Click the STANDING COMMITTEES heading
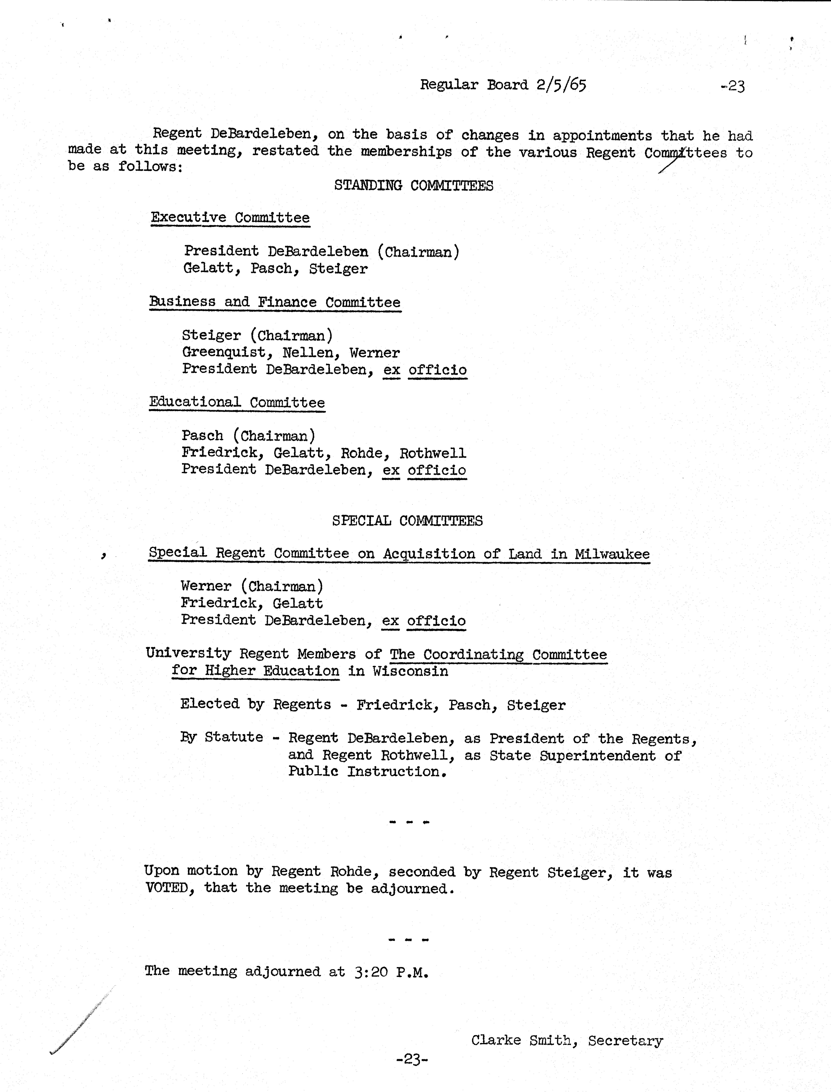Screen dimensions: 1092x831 click(413, 186)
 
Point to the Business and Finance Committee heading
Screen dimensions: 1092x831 click(275, 302)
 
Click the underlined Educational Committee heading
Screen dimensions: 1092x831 click(237, 402)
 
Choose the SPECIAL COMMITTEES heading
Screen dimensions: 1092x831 click(407, 520)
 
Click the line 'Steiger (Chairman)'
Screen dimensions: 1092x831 click(257, 335)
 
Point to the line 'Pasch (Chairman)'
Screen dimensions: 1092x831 click(248, 436)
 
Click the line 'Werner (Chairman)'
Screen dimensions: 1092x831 click(252, 586)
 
